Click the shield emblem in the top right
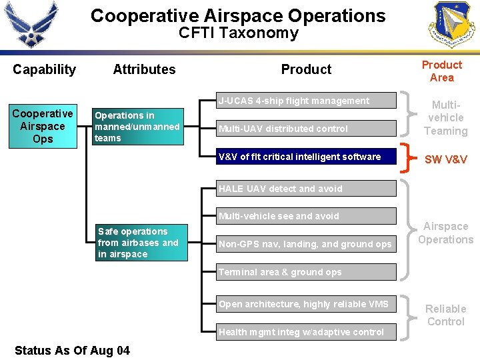453,25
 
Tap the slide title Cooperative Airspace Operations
238,16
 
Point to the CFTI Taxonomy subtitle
238,33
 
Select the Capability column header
44,69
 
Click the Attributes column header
144,69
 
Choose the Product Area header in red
441,71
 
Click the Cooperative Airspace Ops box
43,126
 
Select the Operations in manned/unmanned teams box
137,127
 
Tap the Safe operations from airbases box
141,243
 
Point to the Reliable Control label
445,315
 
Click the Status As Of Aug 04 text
72,351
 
